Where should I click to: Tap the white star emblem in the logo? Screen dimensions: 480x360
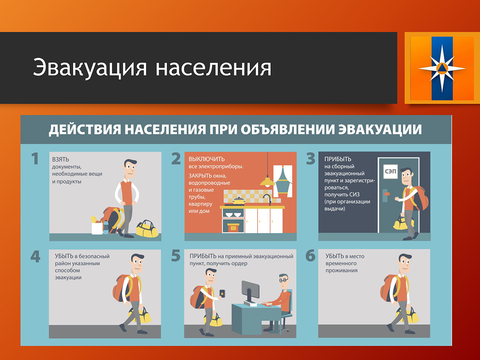pyautogui.click(x=442, y=68)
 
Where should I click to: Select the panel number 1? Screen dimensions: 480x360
pyautogui.click(x=35, y=158)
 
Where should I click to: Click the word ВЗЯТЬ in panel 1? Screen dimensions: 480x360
pyautogui.click(x=60, y=160)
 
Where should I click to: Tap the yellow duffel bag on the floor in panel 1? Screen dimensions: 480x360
pyautogui.click(x=147, y=229)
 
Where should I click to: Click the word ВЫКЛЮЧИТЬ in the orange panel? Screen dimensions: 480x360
pyautogui.click(x=207, y=159)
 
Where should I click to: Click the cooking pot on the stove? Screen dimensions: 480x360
pyautogui.click(x=238, y=200)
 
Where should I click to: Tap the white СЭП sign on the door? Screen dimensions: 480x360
pyautogui.click(x=390, y=172)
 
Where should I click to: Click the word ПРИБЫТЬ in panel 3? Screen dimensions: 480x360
pyautogui.click(x=338, y=159)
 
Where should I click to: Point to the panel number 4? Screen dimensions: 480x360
pyautogui.click(x=35, y=256)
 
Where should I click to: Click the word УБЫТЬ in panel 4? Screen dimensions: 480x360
pyautogui.click(x=64, y=256)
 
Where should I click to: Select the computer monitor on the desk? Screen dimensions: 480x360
pyautogui.click(x=250, y=290)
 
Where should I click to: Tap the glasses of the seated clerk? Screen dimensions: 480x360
pyautogui.click(x=284, y=280)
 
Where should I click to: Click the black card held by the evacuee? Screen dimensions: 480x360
pyautogui.click(x=222, y=293)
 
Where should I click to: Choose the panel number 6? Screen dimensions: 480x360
pyautogui.click(x=310, y=256)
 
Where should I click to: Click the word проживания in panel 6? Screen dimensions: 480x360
pyautogui.click(x=341, y=271)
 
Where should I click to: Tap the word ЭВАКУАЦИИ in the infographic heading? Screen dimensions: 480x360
pyautogui.click(x=380, y=129)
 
